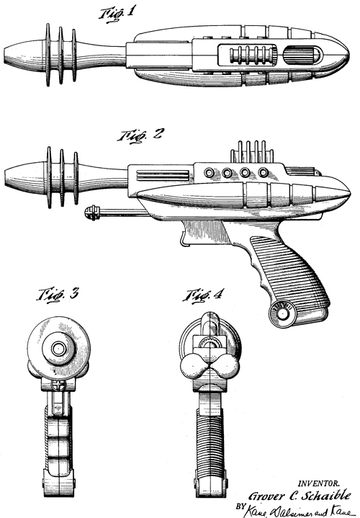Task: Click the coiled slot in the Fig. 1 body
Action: click(248, 56)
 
